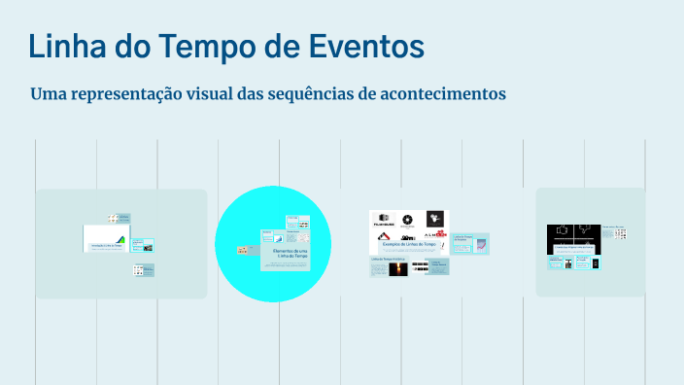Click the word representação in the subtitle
(136, 95)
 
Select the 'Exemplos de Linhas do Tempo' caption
(408, 245)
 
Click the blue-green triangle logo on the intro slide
(120, 239)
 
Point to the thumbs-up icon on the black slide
(562, 232)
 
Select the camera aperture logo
(408, 219)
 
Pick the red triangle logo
(385, 234)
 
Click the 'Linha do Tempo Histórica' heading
(388, 260)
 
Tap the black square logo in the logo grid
(436, 218)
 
